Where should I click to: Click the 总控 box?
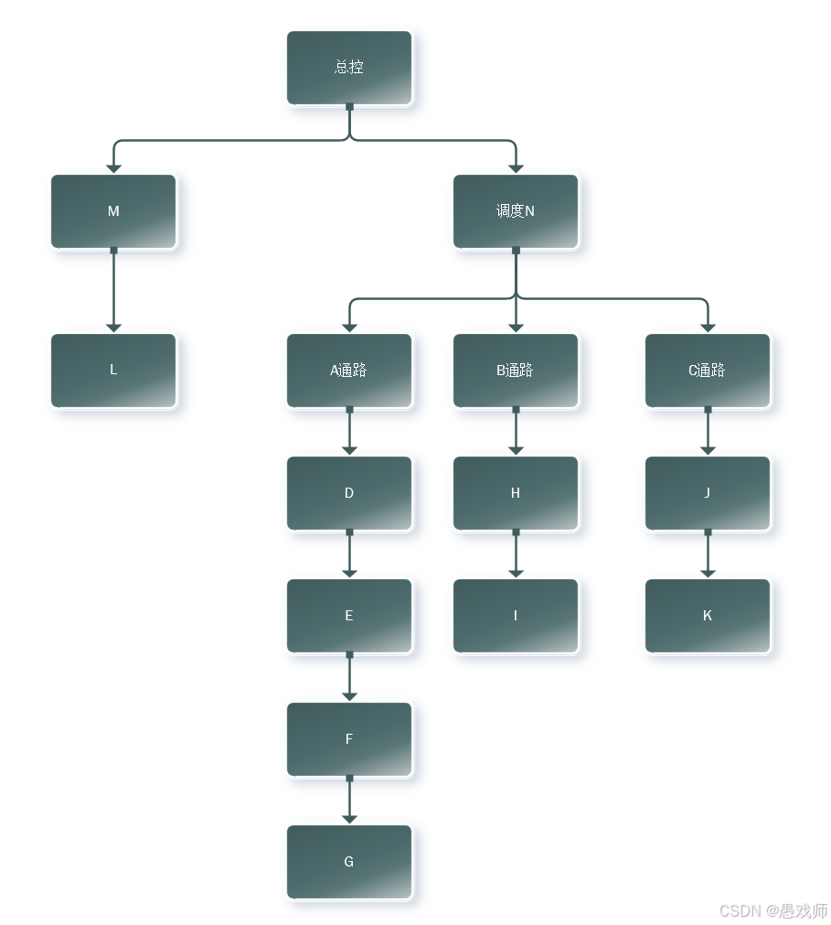(x=349, y=68)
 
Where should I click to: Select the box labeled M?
(x=113, y=211)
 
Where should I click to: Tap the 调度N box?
(x=516, y=211)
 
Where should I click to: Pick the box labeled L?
(x=113, y=371)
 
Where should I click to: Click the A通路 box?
(x=349, y=371)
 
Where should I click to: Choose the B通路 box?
(x=516, y=371)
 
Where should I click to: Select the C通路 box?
(x=708, y=371)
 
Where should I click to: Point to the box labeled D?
(x=349, y=493)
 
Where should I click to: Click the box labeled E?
(x=349, y=616)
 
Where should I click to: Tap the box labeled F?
(x=349, y=739)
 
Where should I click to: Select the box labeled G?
(x=349, y=862)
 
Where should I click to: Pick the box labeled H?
(x=516, y=493)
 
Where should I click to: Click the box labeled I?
(x=516, y=616)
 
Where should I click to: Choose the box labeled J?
(x=708, y=493)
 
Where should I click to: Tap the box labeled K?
(x=708, y=616)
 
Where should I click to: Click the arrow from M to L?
(x=113, y=291)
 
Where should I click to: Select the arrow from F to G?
(x=349, y=801)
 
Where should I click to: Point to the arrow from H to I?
(x=516, y=554)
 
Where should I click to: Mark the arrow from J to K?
(x=708, y=554)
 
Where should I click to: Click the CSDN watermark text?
(x=773, y=911)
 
